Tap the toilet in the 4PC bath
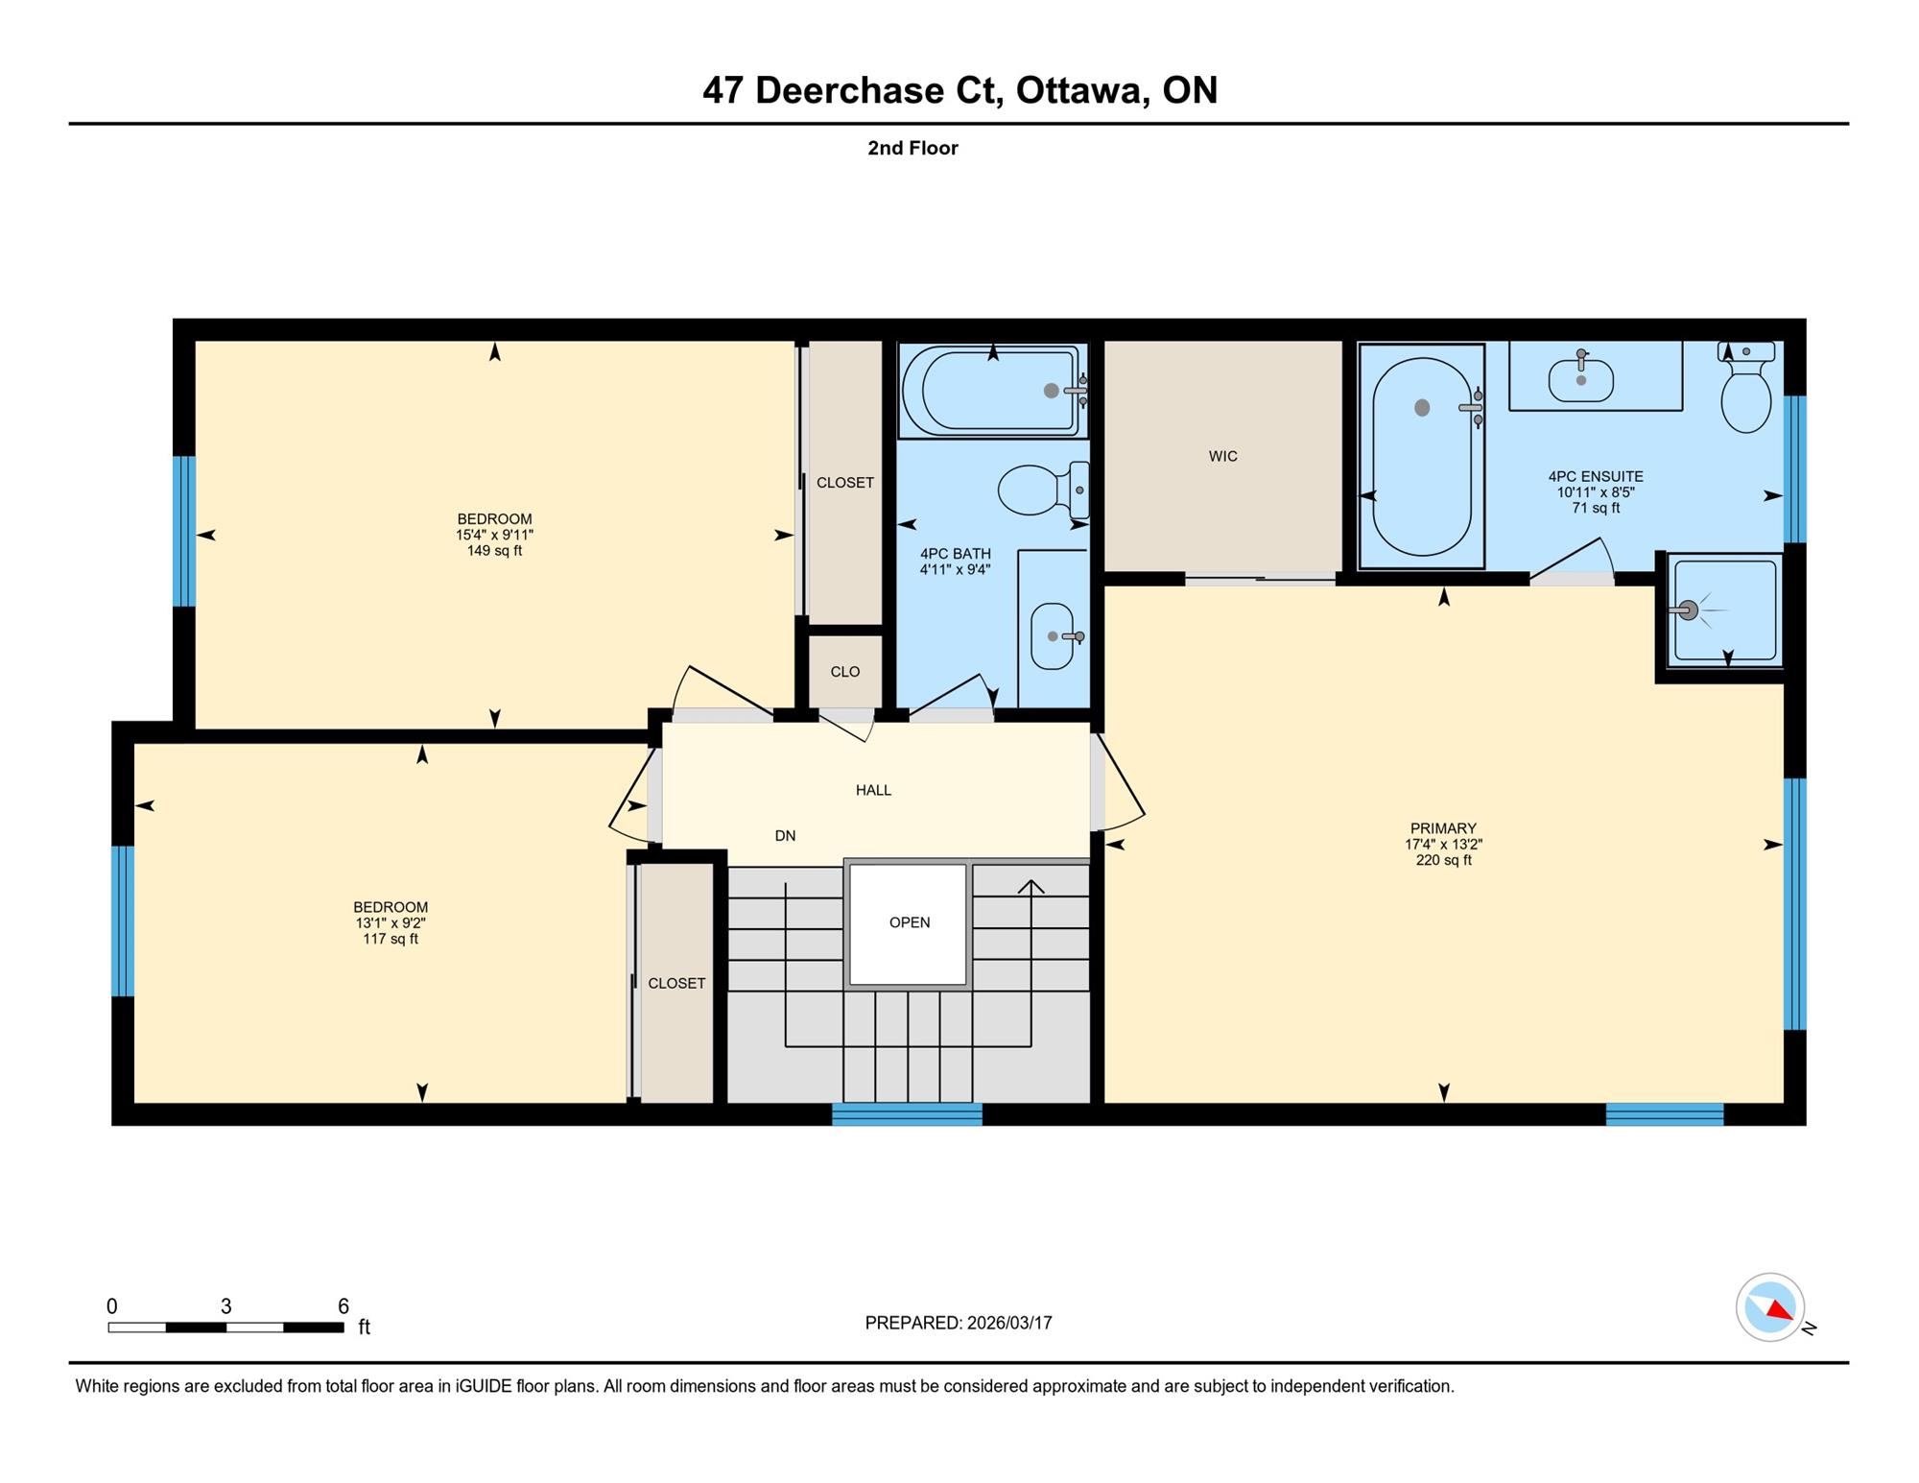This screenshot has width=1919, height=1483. click(1043, 490)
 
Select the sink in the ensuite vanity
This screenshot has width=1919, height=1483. click(1580, 377)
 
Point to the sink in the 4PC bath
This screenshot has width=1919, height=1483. click(1054, 635)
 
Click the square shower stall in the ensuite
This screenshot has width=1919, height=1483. click(1725, 610)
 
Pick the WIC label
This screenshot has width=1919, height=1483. click(1222, 456)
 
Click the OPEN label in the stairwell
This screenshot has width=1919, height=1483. click(910, 922)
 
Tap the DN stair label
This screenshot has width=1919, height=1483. click(785, 835)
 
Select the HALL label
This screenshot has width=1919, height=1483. click(873, 790)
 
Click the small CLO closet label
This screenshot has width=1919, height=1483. click(845, 672)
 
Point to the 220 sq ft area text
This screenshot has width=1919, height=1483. click(1443, 860)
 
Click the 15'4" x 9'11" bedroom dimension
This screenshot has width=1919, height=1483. click(494, 535)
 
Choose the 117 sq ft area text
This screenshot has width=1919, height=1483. click(391, 939)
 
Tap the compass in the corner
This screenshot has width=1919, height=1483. click(1771, 1306)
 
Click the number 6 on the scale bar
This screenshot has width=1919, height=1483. click(343, 1305)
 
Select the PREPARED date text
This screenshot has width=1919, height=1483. click(959, 1323)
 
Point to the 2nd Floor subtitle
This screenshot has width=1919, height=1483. click(912, 148)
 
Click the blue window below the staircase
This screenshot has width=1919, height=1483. click(907, 1114)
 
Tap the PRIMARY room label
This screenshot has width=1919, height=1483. click(1443, 828)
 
